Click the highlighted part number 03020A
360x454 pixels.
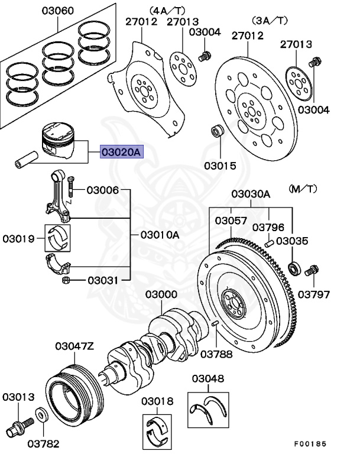pos(121,153)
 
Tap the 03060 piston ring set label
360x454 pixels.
pos(57,11)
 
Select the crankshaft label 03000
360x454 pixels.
pos(161,294)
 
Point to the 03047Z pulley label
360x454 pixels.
pos(74,346)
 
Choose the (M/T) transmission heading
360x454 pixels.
pos(303,189)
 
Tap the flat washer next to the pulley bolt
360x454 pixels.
pos(42,414)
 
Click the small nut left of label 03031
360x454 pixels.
pos(68,280)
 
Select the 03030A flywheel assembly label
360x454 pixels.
pos(250,194)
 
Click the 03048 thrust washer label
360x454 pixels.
pos(207,378)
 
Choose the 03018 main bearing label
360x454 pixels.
pos(157,401)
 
